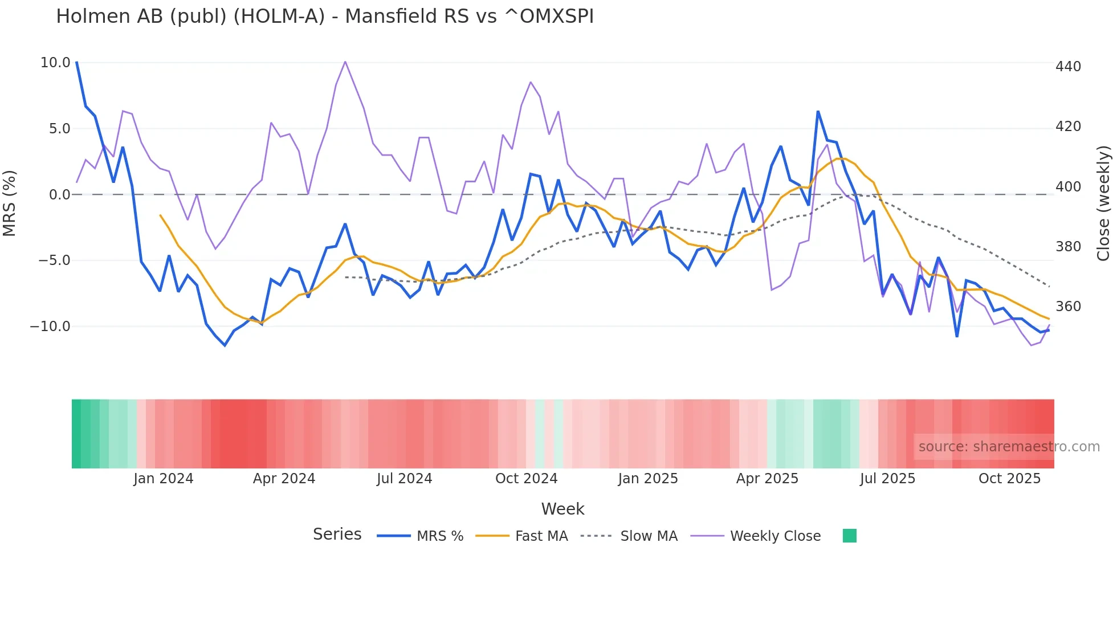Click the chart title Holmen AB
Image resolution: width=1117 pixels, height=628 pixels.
click(x=324, y=17)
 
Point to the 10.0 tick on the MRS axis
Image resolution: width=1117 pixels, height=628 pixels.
click(x=55, y=63)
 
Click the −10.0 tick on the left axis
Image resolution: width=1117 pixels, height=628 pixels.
click(x=50, y=327)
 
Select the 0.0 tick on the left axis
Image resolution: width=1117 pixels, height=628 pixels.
click(x=60, y=195)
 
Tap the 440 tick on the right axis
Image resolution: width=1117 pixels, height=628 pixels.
click(x=1068, y=67)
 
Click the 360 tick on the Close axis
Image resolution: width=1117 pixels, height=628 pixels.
click(x=1068, y=307)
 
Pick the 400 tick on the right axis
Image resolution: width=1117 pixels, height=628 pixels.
click(x=1068, y=187)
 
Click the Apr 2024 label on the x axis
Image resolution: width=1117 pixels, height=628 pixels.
click(x=284, y=479)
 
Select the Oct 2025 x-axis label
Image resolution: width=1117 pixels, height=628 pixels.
click(x=1009, y=479)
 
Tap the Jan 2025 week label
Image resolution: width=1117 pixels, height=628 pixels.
click(x=648, y=479)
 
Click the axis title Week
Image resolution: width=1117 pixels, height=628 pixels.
click(x=562, y=509)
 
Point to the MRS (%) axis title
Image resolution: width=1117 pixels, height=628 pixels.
click(x=10, y=203)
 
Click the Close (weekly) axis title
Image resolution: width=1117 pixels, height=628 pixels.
click(x=1103, y=203)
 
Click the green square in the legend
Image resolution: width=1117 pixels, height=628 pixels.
click(x=849, y=536)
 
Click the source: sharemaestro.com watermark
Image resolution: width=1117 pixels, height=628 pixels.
click(x=1009, y=447)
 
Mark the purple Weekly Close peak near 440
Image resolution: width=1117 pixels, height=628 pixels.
click(x=345, y=62)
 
